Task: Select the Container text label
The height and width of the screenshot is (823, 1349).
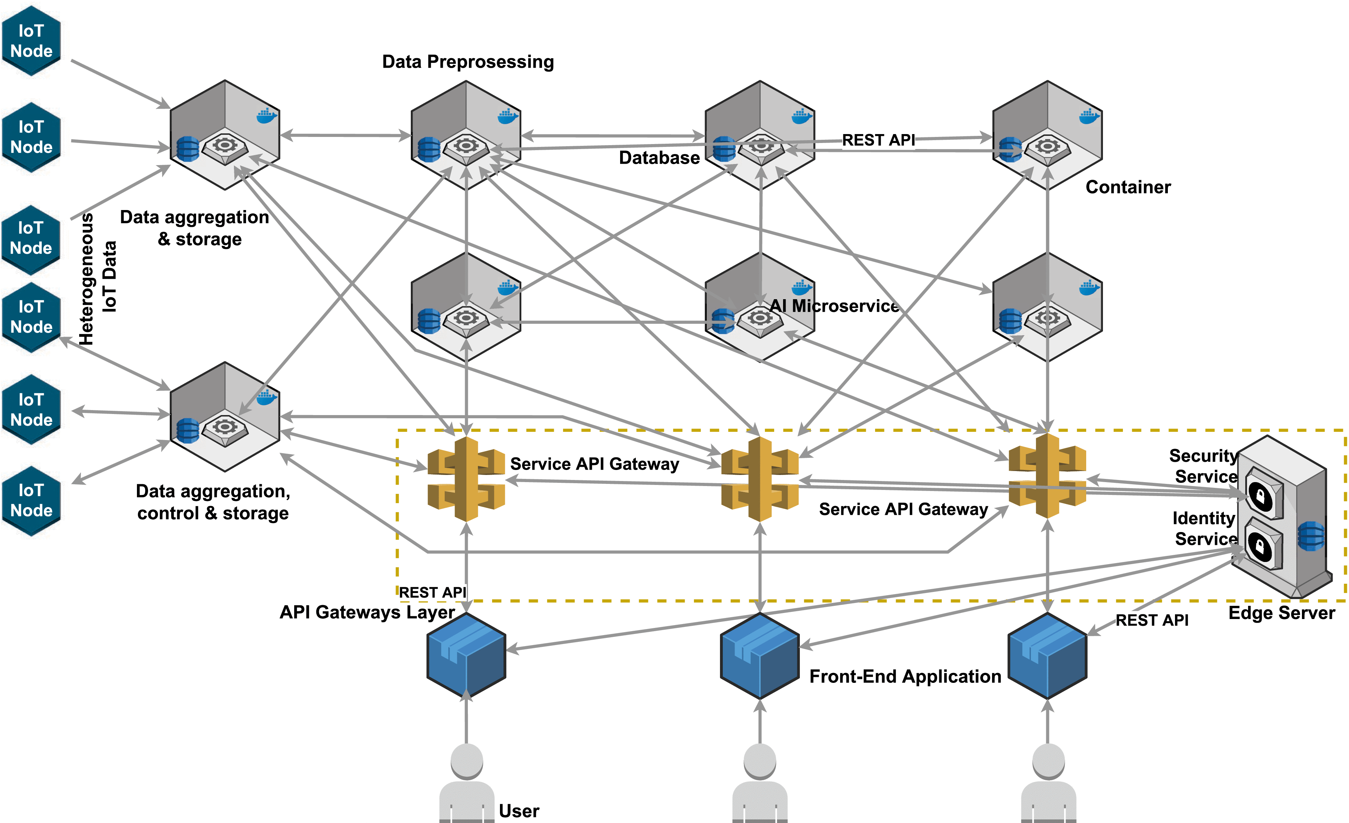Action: pyautogui.click(x=1128, y=187)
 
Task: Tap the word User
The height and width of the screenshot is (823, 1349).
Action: pyautogui.click(x=518, y=811)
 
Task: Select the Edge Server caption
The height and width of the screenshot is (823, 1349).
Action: pyautogui.click(x=1281, y=613)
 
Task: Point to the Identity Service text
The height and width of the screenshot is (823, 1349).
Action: pyautogui.click(x=1205, y=528)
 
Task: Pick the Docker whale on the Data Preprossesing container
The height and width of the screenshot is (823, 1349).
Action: pyautogui.click(x=507, y=116)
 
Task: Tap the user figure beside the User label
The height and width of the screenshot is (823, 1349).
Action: pyautogui.click(x=466, y=783)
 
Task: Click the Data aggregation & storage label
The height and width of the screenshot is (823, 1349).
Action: pyautogui.click(x=194, y=228)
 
